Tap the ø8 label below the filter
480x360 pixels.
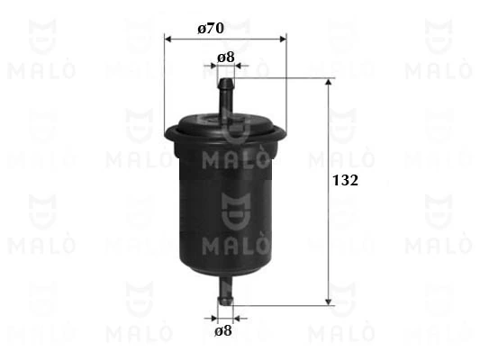click(226, 330)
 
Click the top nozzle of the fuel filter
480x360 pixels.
click(226, 94)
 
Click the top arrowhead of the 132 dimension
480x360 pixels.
click(328, 84)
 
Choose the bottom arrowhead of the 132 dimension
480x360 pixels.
click(328, 300)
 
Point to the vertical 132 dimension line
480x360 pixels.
click(328, 234)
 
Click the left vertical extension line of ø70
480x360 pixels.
click(166, 85)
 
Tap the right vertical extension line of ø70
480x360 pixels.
click(286, 85)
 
